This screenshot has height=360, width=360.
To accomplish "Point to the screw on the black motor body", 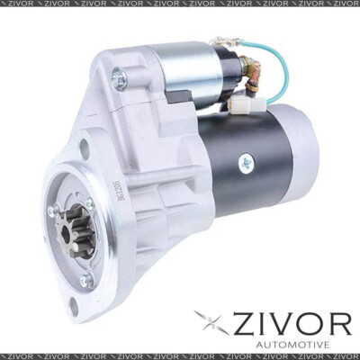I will [x=246, y=163].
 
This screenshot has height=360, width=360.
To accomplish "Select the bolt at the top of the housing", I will [x=119, y=80].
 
